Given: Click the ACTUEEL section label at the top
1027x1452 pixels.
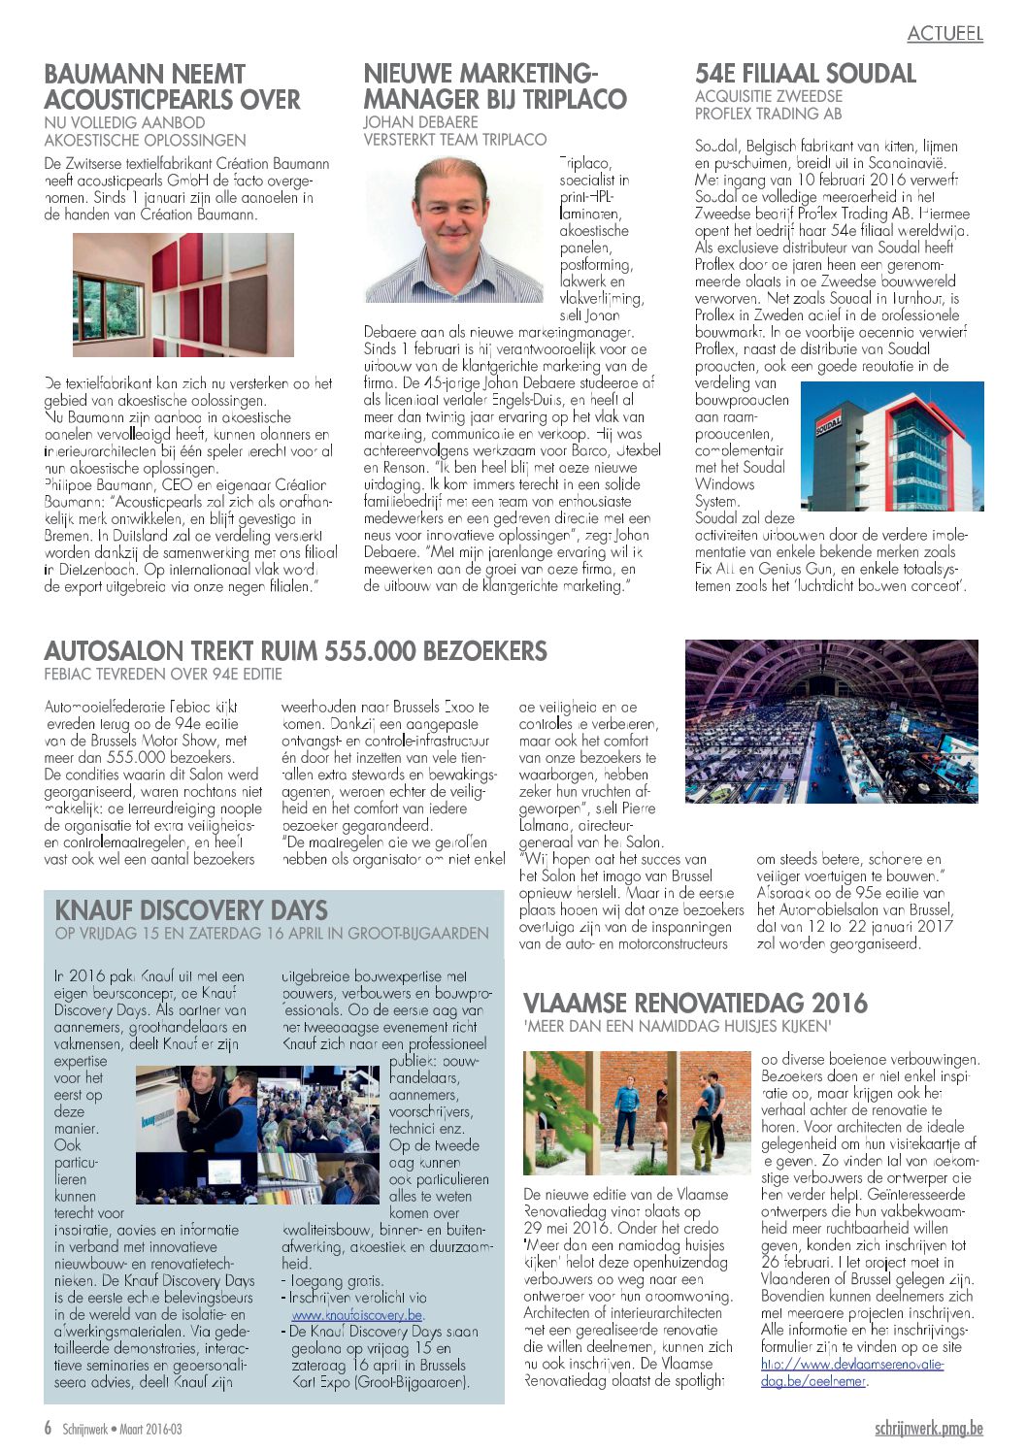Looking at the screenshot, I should coord(944,34).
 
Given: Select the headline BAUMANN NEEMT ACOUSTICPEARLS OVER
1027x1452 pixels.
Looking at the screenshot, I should coord(173,87).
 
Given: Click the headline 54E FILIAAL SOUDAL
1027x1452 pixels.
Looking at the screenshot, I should coord(805,74).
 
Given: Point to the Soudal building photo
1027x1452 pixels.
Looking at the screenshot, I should coord(892,446).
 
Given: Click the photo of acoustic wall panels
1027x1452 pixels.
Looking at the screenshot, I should coord(183,295).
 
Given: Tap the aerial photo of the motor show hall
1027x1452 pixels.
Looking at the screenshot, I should coord(831,721).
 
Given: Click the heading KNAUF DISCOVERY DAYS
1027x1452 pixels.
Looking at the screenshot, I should coord(191,910).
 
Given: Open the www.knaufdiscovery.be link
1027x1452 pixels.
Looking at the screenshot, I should coord(357,1315).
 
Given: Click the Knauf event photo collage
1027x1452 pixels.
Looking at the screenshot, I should coord(257,1135).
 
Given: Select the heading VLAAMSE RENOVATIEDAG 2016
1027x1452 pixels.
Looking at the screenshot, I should coord(695,1004).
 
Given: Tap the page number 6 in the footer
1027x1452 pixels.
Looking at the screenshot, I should coord(48,1429).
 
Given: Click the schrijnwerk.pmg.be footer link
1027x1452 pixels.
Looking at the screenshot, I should coord(928,1429).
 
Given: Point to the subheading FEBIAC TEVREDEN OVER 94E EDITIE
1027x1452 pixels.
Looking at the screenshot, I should coord(163,675).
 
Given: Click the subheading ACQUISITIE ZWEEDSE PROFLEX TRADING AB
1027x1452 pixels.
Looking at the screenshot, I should coord(769,105).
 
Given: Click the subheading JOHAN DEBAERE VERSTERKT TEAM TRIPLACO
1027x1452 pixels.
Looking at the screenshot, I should coord(454,131).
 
